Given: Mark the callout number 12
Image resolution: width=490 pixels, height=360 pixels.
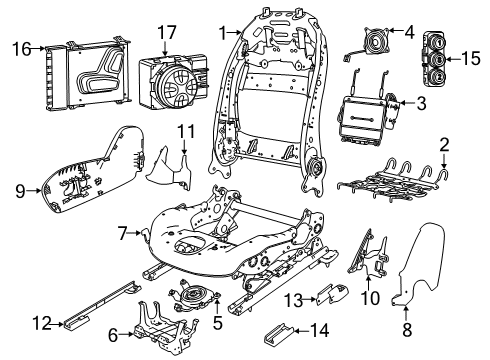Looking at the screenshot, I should click(42, 322).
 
